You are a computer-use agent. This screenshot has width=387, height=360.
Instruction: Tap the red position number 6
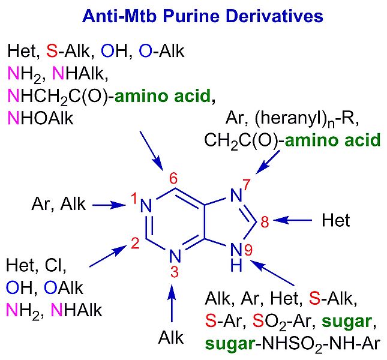click(x=173, y=178)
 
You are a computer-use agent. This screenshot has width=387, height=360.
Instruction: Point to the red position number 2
click(x=136, y=243)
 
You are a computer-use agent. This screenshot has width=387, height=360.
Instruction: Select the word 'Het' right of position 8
click(x=335, y=221)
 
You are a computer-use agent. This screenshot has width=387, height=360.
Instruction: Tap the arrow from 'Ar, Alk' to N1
click(x=107, y=205)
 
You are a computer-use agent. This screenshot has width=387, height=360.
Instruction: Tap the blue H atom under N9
click(x=237, y=265)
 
